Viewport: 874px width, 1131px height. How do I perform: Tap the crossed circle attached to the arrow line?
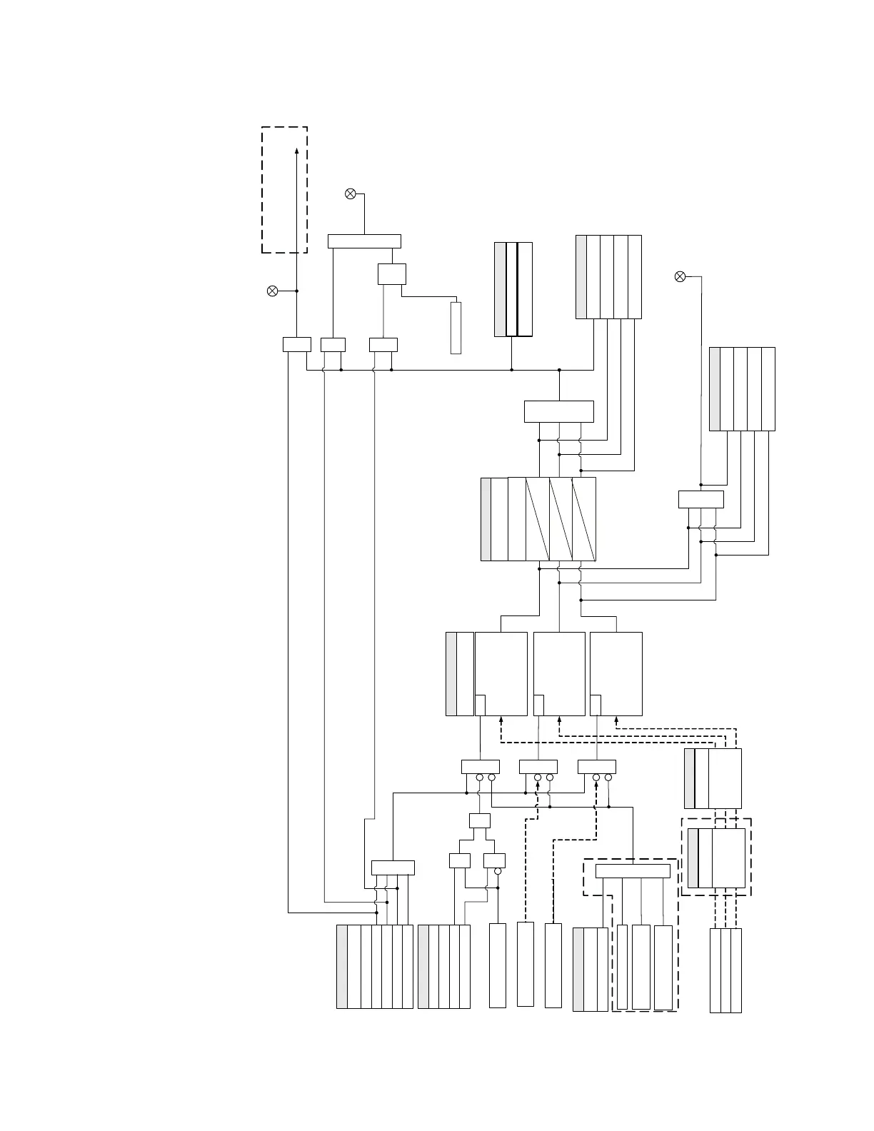point(272,291)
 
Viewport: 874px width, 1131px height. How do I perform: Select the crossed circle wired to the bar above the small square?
point(351,193)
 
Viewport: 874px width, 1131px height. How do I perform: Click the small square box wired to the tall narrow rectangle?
point(391,274)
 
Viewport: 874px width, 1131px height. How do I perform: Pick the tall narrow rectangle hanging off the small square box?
point(456,328)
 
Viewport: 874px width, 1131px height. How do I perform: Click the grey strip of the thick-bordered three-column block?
point(500,289)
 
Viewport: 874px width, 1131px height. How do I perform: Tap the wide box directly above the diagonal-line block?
point(558,412)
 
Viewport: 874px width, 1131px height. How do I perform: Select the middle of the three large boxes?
point(559,673)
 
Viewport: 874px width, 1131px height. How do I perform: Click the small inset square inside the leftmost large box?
point(481,704)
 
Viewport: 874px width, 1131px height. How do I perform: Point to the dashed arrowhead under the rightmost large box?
point(616,719)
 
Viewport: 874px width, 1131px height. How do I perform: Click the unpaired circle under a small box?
point(498,872)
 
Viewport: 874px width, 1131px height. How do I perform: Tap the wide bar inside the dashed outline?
point(633,871)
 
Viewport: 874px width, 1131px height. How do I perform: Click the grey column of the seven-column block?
point(342,967)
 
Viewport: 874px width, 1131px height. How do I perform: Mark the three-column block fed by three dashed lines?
point(725,970)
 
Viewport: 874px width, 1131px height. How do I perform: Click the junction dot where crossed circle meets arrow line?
point(297,291)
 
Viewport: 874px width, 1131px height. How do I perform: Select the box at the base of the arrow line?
point(296,344)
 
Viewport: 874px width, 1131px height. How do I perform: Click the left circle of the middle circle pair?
point(538,778)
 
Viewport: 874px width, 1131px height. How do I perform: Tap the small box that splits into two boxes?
point(480,820)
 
